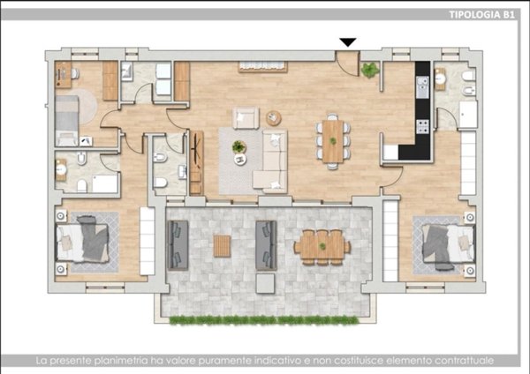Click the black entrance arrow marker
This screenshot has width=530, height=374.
(x=348, y=42)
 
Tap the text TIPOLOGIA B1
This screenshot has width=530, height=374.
(x=482, y=14)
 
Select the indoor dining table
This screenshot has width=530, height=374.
(x=333, y=141)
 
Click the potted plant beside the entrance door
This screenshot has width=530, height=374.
(x=370, y=71)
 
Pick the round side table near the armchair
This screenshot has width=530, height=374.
(x=274, y=118)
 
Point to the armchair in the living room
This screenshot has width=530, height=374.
(x=246, y=118)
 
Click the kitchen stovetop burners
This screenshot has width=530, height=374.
(x=423, y=127)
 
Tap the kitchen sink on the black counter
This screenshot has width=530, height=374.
(x=422, y=87)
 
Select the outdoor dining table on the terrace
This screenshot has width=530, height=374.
(x=322, y=247)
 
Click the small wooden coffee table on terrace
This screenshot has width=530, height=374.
(x=222, y=246)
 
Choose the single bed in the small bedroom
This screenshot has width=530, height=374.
(x=67, y=121)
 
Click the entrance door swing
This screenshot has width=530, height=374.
(x=347, y=64)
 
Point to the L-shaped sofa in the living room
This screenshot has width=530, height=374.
(x=271, y=161)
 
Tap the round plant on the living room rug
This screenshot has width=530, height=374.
(x=239, y=147)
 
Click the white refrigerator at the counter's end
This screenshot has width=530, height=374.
(x=391, y=153)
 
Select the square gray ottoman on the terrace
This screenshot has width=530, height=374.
(x=265, y=283)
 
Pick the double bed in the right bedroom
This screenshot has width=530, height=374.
(x=449, y=243)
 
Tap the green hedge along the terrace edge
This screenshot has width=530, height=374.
(x=263, y=320)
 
